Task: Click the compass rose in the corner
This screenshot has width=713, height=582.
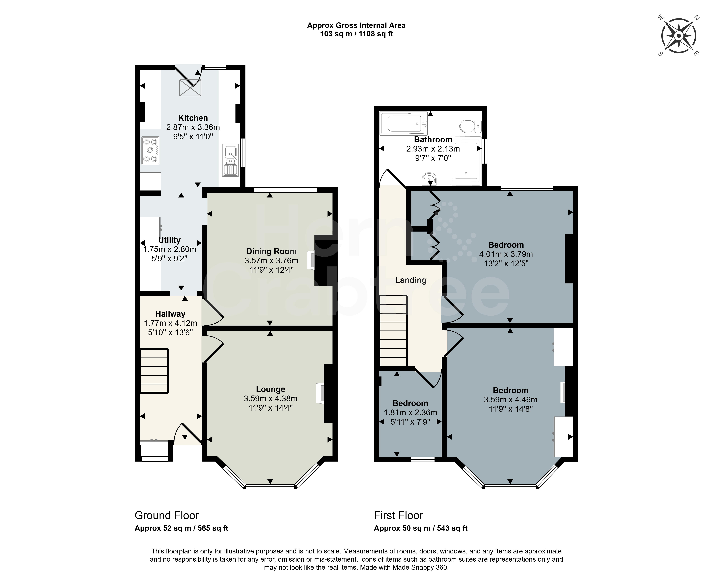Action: click(678, 36)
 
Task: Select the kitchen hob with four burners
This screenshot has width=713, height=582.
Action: click(150, 151)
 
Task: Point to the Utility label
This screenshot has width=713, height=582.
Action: click(169, 240)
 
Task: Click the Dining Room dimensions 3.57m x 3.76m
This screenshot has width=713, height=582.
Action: click(271, 261)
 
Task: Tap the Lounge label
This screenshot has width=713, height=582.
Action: click(271, 389)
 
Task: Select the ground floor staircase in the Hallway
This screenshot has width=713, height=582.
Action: click(154, 371)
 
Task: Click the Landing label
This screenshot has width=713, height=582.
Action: click(411, 280)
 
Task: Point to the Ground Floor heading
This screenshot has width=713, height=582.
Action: click(167, 515)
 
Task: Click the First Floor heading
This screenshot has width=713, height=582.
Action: click(398, 515)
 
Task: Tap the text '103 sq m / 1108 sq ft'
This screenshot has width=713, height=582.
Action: click(357, 34)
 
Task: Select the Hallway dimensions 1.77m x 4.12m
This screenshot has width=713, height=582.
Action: click(170, 323)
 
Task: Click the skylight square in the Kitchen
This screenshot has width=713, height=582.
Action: click(190, 88)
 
